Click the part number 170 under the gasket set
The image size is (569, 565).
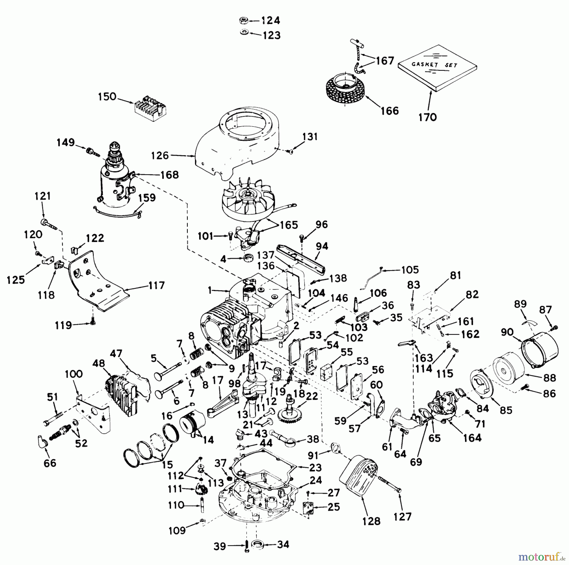(427, 117)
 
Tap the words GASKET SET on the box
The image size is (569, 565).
(434, 65)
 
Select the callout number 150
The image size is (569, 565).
(107, 97)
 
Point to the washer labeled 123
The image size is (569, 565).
(244, 33)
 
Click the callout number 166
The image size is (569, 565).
(390, 111)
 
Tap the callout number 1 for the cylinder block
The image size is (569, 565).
(210, 290)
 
